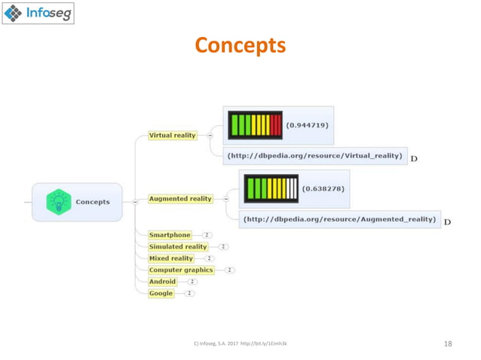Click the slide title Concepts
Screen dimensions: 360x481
(x=240, y=47)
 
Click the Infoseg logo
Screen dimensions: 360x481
(x=38, y=14)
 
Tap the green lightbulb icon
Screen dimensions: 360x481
(x=57, y=202)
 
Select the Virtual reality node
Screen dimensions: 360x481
(x=172, y=136)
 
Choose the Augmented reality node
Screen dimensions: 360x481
(x=180, y=199)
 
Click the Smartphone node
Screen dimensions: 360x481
(x=170, y=235)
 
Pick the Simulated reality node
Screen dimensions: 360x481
(x=178, y=246)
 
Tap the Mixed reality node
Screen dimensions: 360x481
(x=171, y=258)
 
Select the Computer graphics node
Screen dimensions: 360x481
(x=181, y=270)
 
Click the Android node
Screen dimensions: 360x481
(x=162, y=282)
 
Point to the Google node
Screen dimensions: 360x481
(x=161, y=293)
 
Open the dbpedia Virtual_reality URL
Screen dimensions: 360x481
(x=316, y=157)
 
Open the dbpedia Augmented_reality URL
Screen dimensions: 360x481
(x=339, y=220)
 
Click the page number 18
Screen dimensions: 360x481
(x=448, y=343)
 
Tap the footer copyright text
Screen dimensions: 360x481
(x=240, y=343)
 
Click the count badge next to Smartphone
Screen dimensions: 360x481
(x=206, y=235)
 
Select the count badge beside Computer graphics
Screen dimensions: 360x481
(x=229, y=270)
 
